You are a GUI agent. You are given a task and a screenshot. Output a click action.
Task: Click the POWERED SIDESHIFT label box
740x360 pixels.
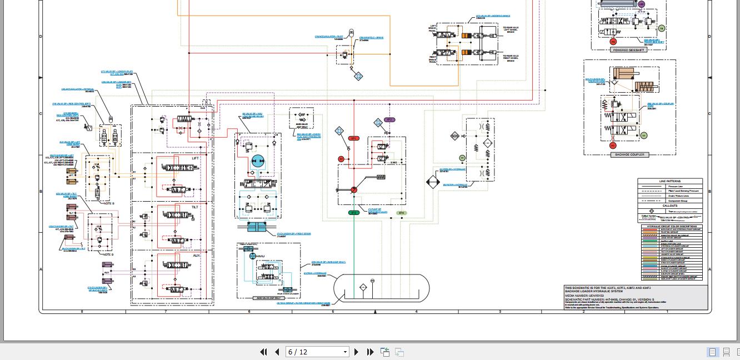click(628, 50)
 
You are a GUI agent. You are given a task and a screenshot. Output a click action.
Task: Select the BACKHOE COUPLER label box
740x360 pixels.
click(629, 154)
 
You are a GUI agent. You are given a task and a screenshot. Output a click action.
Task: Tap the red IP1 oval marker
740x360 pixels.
click(353, 138)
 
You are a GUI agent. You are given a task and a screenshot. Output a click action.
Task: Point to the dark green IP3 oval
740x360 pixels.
click(353, 213)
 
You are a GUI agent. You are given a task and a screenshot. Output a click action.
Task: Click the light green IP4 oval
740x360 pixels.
click(401, 213)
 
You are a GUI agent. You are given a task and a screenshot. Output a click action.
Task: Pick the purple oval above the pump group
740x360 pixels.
click(389, 119)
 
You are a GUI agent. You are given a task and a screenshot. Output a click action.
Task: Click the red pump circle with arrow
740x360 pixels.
click(353, 190)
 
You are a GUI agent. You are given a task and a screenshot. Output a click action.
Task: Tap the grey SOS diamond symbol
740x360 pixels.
click(455, 136)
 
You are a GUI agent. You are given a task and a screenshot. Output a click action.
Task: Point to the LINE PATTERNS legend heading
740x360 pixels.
click(669, 181)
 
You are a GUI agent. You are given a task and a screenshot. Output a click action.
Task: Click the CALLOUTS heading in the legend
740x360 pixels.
click(669, 206)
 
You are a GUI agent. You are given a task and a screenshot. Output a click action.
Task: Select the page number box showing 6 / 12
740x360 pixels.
click(317, 352)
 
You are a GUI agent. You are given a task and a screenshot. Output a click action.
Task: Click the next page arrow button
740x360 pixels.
click(357, 352)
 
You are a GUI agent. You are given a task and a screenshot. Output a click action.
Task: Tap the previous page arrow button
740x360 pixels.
click(277, 352)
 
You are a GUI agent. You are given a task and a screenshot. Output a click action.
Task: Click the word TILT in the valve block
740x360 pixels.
click(195, 207)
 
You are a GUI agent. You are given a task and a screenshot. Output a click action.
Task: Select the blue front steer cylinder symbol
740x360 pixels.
click(257, 227)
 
